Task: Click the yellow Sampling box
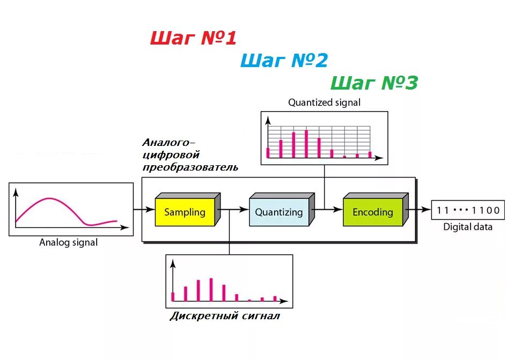[185, 212]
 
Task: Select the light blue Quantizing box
[278, 212]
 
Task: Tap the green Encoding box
[372, 212]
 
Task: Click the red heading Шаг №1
[193, 38]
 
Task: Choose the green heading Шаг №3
[374, 83]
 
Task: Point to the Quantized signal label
[324, 102]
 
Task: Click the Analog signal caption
[69, 243]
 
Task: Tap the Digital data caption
[467, 227]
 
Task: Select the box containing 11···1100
[468, 210]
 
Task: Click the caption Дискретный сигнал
[225, 316]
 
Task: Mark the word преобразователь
[190, 167]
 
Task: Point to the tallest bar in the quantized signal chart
[306, 143]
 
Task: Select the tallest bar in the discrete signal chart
[211, 290]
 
